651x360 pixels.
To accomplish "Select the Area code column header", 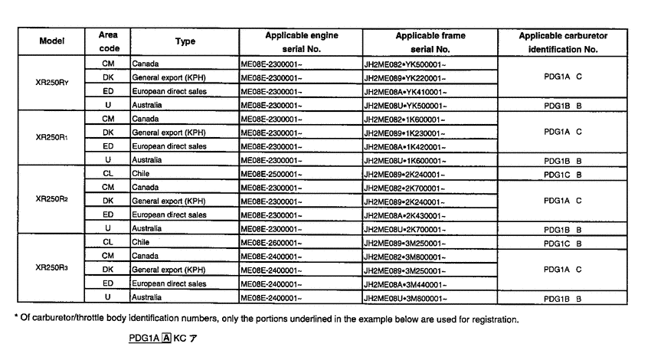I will pos(108,41).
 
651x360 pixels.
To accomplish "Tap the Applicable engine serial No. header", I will pos(301,41).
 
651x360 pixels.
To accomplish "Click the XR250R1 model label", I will pos(53,139).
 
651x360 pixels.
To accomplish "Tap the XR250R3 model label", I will pos(53,269).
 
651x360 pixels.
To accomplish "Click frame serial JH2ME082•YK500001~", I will pos(404,64).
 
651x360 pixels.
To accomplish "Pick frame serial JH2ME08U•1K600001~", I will pos(405,160).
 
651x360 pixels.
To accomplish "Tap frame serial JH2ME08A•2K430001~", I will pos(404,215).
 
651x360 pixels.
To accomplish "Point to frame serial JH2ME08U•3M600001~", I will pos(406,297).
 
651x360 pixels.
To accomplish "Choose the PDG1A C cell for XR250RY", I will pos(563,77).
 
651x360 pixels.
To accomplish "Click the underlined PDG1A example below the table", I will pos(142,337).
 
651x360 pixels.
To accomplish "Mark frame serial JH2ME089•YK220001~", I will pos(404,77).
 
